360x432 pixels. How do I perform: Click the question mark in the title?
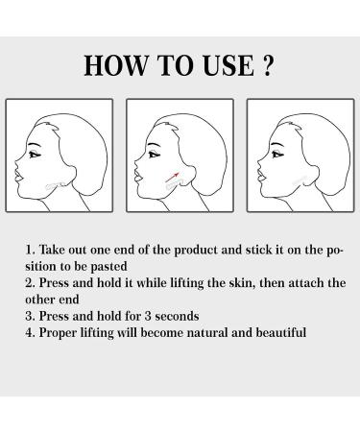pyautogui.click(x=268, y=65)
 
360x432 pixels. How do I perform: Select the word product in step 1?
pyautogui.click(x=202, y=249)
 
